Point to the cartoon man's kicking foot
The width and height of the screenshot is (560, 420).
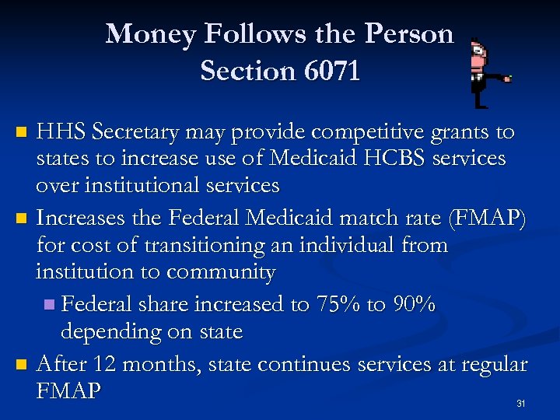click(508, 78)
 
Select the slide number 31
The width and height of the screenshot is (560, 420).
click(520, 403)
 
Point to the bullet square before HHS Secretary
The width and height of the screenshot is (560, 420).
click(22, 132)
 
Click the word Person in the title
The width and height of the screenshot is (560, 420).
click(408, 33)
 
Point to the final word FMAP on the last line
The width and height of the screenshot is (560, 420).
click(68, 390)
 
